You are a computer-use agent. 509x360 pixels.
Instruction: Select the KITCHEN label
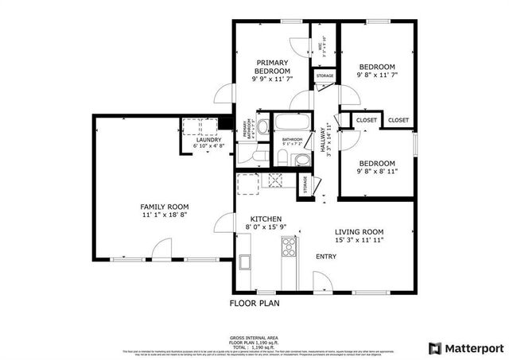click(266, 219)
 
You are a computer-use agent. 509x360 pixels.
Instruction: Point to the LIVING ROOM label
click(359, 230)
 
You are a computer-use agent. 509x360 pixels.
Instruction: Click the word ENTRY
click(326, 257)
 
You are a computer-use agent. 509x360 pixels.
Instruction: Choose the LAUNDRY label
click(209, 140)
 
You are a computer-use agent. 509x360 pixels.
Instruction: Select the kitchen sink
click(243, 262)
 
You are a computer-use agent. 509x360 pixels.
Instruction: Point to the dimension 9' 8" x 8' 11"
click(376, 171)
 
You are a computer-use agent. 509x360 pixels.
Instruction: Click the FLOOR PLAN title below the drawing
click(254, 303)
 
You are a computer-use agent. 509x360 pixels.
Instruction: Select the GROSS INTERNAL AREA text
click(254, 338)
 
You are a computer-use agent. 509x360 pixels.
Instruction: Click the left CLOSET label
click(367, 120)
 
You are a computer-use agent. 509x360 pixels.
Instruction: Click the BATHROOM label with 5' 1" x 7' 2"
click(291, 141)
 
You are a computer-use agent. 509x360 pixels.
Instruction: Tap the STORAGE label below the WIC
click(324, 76)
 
